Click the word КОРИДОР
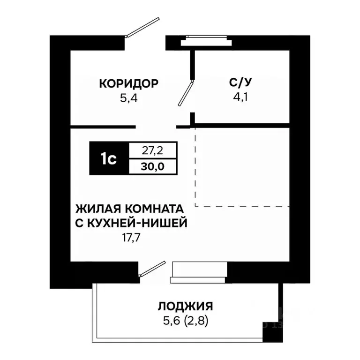coord(128,83)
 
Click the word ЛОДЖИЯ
coord(185,307)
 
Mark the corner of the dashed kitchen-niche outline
coord(195,206)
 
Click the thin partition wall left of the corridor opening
coord(103,127)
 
